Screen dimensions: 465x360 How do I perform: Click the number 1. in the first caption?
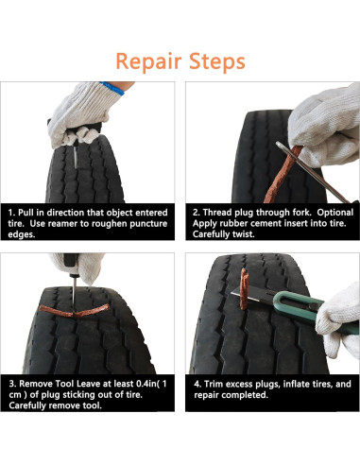coord(10,212)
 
